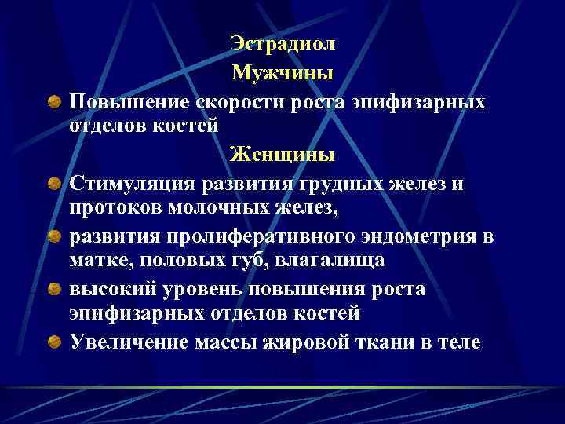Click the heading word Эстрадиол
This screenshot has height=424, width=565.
[282, 46]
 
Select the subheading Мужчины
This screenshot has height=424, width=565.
[282, 74]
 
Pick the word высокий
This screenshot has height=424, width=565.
[114, 289]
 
